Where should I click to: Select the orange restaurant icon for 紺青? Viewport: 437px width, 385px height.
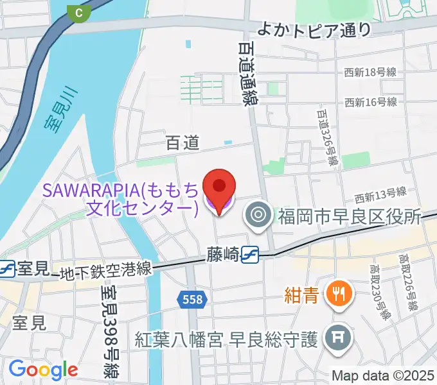[337, 295]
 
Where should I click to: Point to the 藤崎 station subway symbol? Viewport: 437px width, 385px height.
[250, 255]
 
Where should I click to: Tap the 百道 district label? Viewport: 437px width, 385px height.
[182, 143]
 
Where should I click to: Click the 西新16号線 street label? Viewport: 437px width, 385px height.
[370, 102]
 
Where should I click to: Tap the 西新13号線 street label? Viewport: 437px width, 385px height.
[380, 192]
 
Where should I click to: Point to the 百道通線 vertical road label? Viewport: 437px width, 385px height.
[245, 71]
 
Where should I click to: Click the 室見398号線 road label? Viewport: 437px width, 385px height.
[109, 330]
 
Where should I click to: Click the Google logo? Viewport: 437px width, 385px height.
[43, 369]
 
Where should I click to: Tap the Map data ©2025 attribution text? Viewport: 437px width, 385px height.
[383, 375]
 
